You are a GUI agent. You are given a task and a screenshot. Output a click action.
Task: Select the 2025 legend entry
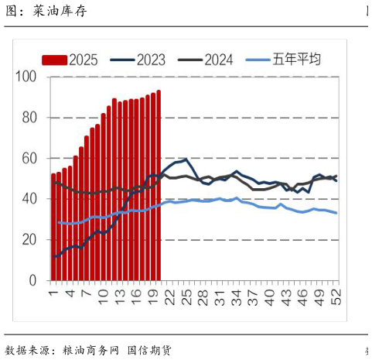pos(70,60)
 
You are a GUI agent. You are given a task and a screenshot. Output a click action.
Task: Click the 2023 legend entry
pos(138,60)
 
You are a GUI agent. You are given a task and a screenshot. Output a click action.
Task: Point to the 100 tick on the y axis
pos(26,77)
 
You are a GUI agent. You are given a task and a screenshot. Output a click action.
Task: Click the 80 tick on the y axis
pos(29,118)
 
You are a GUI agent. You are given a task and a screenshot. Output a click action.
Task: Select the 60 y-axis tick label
pos(29,158)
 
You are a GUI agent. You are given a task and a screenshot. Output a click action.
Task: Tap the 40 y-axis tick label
pos(29,199)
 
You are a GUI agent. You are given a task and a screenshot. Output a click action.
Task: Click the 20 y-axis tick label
pos(29,240)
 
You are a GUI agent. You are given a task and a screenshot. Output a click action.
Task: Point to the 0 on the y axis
pos(33,280)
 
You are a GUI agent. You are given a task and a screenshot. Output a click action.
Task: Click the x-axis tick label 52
pos(336,296)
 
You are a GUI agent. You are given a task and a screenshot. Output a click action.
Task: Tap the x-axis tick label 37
pos(253,296)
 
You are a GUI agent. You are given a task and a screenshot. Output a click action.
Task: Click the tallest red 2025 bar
pos(159,186)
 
